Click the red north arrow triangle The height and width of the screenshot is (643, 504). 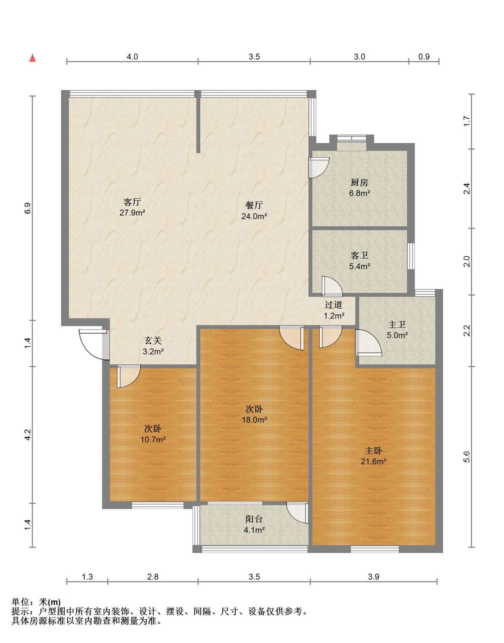tap(32, 58)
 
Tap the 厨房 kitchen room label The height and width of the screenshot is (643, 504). tap(359, 183)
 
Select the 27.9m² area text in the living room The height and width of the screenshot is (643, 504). tap(132, 213)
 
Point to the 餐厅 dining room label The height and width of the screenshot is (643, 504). tap(254, 205)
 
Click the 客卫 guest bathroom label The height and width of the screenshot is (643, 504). tap(359, 256)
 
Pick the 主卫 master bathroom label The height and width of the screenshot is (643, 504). tap(397, 324)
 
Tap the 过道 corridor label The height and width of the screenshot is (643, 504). tap(334, 305)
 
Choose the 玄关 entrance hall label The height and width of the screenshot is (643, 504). tap(153, 341)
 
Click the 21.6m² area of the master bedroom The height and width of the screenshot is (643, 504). tap(373, 461)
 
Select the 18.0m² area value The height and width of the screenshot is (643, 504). tap(254, 420)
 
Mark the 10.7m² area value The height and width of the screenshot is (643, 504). tap(153, 440)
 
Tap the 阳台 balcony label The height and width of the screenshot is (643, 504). tap(254, 519)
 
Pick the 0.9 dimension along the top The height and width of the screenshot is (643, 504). tap(424, 57)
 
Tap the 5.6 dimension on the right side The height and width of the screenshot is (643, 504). tap(467, 457)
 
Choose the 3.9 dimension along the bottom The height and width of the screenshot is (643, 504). tap(373, 577)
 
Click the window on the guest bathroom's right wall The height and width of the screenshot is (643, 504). tap(411, 256)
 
